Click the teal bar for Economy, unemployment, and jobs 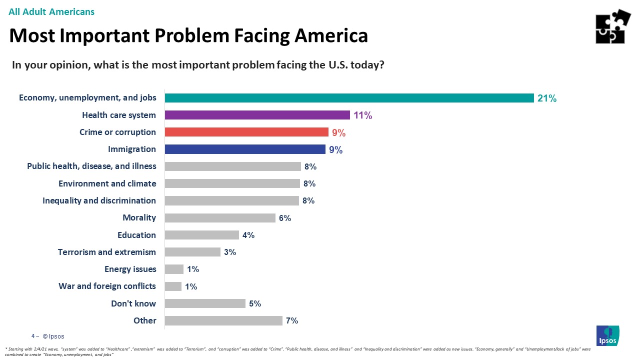click(x=349, y=98)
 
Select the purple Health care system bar click(x=257, y=115)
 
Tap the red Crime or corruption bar click(x=246, y=132)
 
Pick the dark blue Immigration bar click(x=245, y=149)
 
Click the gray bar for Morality click(x=220, y=218)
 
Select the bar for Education click(x=201, y=235)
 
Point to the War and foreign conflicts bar click(x=173, y=286)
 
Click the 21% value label click(x=546, y=98)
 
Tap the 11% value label click(x=362, y=115)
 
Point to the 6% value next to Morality click(x=285, y=218)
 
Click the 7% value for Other click(x=292, y=320)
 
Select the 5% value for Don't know click(x=255, y=303)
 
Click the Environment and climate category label click(x=107, y=183)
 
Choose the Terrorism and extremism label click(x=107, y=252)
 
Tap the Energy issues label click(x=130, y=269)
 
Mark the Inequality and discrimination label click(x=99, y=200)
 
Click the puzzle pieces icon click(x=612, y=26)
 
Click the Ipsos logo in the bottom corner click(x=607, y=335)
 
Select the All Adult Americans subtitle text click(x=51, y=11)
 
